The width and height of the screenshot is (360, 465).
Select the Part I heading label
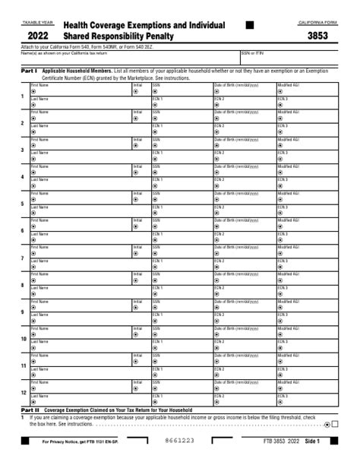click(28, 69)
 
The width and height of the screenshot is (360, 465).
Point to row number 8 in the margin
click(22, 285)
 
